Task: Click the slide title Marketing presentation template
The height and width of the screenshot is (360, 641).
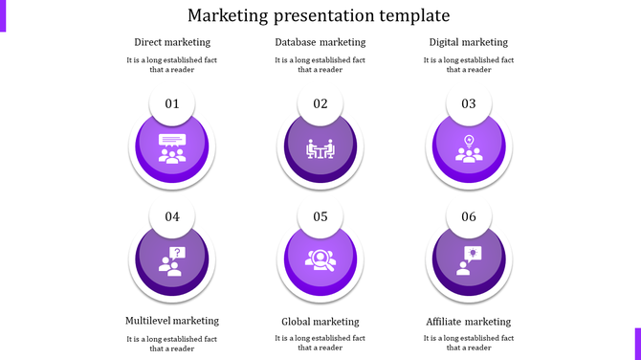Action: (319, 15)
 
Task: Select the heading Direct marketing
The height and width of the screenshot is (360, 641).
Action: (172, 42)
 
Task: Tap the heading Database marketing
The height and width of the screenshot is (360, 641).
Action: (320, 42)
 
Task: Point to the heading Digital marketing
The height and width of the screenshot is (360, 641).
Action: (469, 42)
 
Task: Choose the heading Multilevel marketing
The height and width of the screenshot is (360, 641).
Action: (172, 321)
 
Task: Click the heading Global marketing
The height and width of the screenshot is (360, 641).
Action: (320, 322)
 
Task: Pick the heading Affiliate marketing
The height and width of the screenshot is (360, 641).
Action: (469, 322)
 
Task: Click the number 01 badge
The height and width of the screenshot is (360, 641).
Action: (172, 104)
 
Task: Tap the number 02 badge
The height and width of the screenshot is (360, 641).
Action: (320, 104)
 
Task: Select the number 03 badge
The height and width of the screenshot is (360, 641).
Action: (469, 104)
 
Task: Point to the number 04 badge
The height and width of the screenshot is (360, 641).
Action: (172, 217)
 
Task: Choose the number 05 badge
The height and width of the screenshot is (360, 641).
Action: (320, 217)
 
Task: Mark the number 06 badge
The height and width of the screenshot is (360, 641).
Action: (469, 217)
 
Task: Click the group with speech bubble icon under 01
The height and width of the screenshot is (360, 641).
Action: (172, 149)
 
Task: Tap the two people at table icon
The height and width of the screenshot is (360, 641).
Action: (320, 149)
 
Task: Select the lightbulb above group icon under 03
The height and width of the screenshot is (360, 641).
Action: (469, 149)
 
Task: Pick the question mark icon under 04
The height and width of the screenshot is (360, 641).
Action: (172, 260)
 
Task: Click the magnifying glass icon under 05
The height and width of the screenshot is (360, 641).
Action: (320, 260)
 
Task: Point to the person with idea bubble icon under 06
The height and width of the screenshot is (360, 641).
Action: (469, 260)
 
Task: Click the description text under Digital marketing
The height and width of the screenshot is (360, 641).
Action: (469, 64)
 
